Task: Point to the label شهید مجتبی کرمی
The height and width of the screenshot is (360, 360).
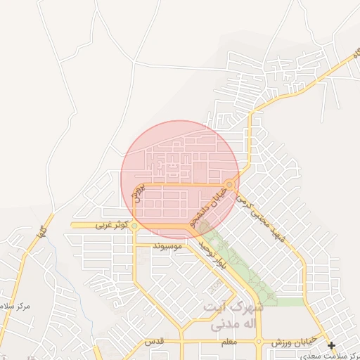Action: point(261,217)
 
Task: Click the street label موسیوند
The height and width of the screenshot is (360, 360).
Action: point(167,246)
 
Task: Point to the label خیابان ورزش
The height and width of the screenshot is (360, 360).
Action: point(294,343)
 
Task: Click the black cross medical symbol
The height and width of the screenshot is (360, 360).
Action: point(331,345)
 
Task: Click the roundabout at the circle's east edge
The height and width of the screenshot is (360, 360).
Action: point(230,184)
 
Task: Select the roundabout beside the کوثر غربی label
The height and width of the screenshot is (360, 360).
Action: point(134,226)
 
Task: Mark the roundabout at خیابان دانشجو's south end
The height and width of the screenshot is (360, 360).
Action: point(203,227)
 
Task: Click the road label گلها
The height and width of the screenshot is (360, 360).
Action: point(42,231)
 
